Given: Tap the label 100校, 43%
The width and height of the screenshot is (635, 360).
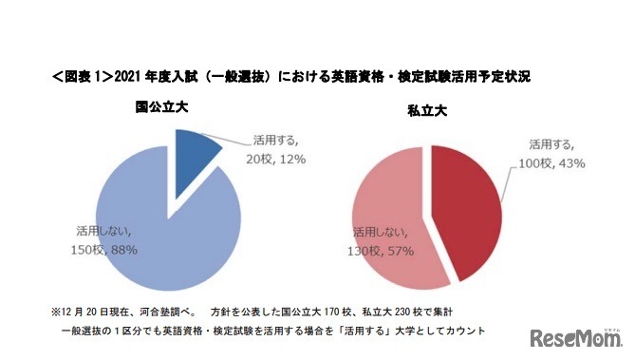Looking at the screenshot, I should click(x=552, y=163).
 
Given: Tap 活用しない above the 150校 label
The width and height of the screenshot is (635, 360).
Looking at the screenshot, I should click(x=105, y=230).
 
